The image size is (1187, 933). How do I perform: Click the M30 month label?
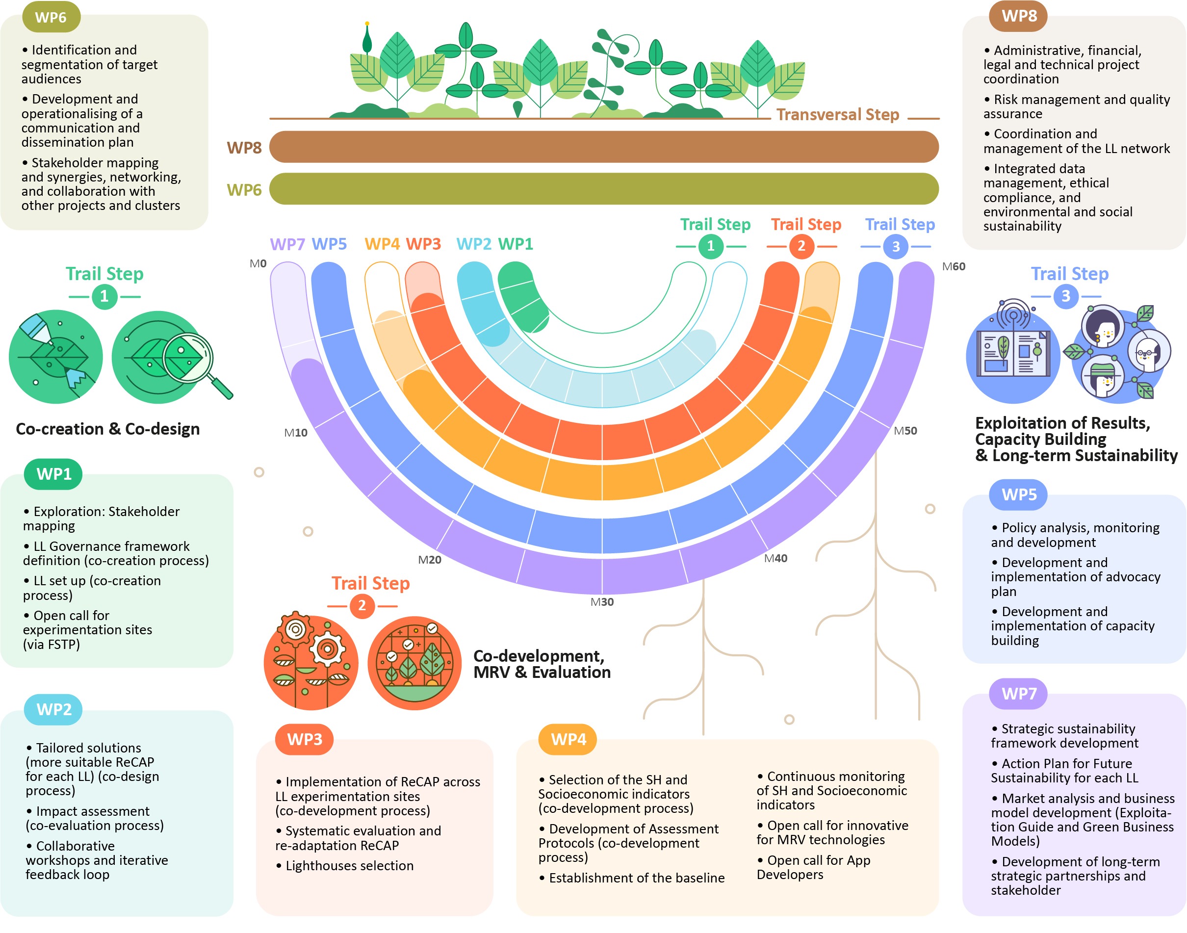601,601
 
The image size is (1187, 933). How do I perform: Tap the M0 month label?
258,263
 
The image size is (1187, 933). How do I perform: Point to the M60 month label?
953,266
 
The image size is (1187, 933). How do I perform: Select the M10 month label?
295,433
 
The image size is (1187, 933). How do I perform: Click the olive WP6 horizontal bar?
604,188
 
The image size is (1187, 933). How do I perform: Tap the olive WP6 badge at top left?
51,17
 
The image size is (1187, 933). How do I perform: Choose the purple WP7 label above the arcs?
287,244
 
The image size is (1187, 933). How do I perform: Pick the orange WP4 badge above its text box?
568,739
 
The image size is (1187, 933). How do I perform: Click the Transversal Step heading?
837,114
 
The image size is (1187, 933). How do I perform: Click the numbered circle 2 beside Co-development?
361,606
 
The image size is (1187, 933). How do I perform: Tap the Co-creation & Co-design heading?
107,429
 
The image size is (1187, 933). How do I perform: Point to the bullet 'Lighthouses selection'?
344,865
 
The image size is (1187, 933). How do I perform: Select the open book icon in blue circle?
1013,354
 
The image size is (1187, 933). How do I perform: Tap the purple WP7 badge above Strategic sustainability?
1018,693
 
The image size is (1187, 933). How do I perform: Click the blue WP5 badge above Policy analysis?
1018,494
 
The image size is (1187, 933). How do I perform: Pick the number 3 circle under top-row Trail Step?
895,246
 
